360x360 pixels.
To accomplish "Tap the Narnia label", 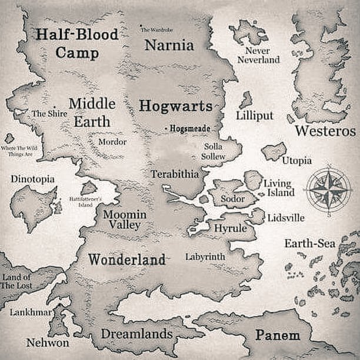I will pos(169,45).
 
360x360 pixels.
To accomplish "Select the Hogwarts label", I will pos(175,106).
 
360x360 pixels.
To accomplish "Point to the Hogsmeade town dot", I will pos(166,128).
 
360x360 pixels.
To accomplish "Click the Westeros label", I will pos(325,131).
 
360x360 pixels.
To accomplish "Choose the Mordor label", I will pos(112,142).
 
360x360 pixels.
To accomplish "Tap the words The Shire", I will pos(49,113).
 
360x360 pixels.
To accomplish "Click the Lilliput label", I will pos(255,115).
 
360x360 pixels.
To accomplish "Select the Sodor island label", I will pos(232,199).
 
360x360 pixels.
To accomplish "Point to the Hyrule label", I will pos(230,228).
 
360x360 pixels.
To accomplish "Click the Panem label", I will pos(277,335).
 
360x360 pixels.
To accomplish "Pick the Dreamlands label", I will pos(136,334).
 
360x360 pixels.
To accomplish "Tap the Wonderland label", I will pos(126,259).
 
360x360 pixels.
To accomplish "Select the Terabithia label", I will pos(175,174).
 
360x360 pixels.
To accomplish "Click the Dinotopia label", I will pos(32,179).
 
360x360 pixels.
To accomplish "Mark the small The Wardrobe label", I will pos(156,29).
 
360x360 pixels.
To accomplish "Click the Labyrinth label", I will pos(205,257).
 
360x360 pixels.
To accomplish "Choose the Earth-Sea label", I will pos(310,244).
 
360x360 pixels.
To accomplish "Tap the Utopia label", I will pos(297,161).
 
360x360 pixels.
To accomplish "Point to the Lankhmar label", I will pos(31,312).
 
